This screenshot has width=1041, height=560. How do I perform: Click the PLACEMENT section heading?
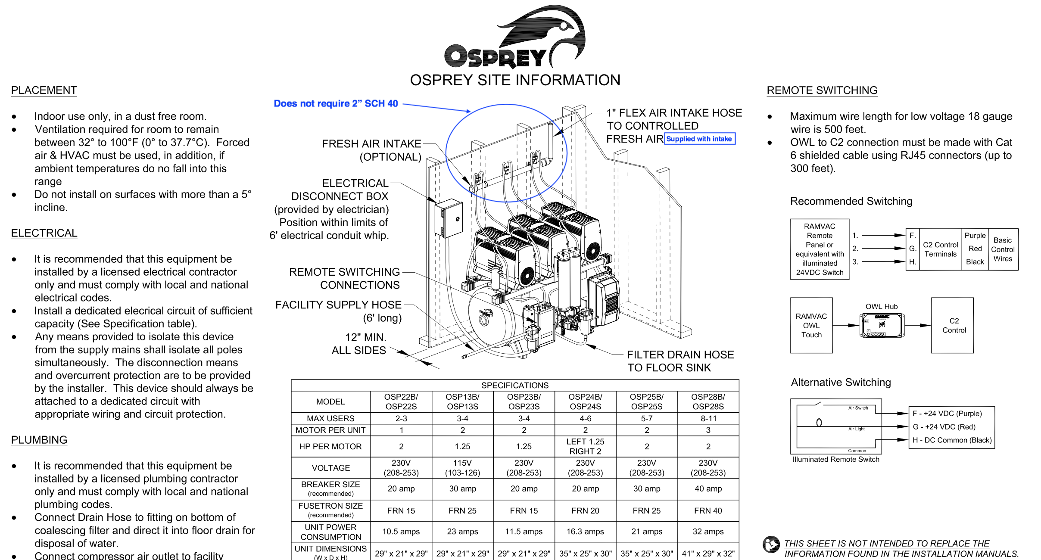(x=44, y=90)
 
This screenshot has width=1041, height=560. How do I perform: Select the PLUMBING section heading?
(x=39, y=440)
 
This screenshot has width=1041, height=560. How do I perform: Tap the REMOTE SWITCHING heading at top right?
(x=822, y=90)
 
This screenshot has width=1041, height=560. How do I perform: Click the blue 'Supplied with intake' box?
(x=699, y=139)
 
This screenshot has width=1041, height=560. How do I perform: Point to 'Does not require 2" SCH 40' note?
(x=336, y=104)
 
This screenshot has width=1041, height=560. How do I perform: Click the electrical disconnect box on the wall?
(x=448, y=218)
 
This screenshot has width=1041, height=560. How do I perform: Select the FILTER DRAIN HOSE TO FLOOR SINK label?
(x=680, y=361)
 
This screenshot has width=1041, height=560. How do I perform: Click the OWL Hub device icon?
(x=882, y=325)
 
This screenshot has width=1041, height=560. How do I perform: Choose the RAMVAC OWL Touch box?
(x=811, y=326)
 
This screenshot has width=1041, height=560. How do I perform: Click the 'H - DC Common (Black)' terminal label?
(x=951, y=440)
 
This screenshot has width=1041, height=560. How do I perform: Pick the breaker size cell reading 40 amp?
(x=708, y=489)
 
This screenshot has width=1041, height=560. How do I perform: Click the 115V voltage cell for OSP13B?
(x=462, y=468)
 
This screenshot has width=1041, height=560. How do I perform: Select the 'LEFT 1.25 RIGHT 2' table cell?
(x=585, y=446)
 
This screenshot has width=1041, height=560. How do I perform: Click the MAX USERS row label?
(x=330, y=418)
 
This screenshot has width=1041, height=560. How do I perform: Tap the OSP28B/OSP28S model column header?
(x=708, y=401)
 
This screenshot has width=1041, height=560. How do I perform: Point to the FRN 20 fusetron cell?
(x=585, y=511)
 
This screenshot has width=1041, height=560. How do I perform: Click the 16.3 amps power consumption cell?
(x=585, y=532)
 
